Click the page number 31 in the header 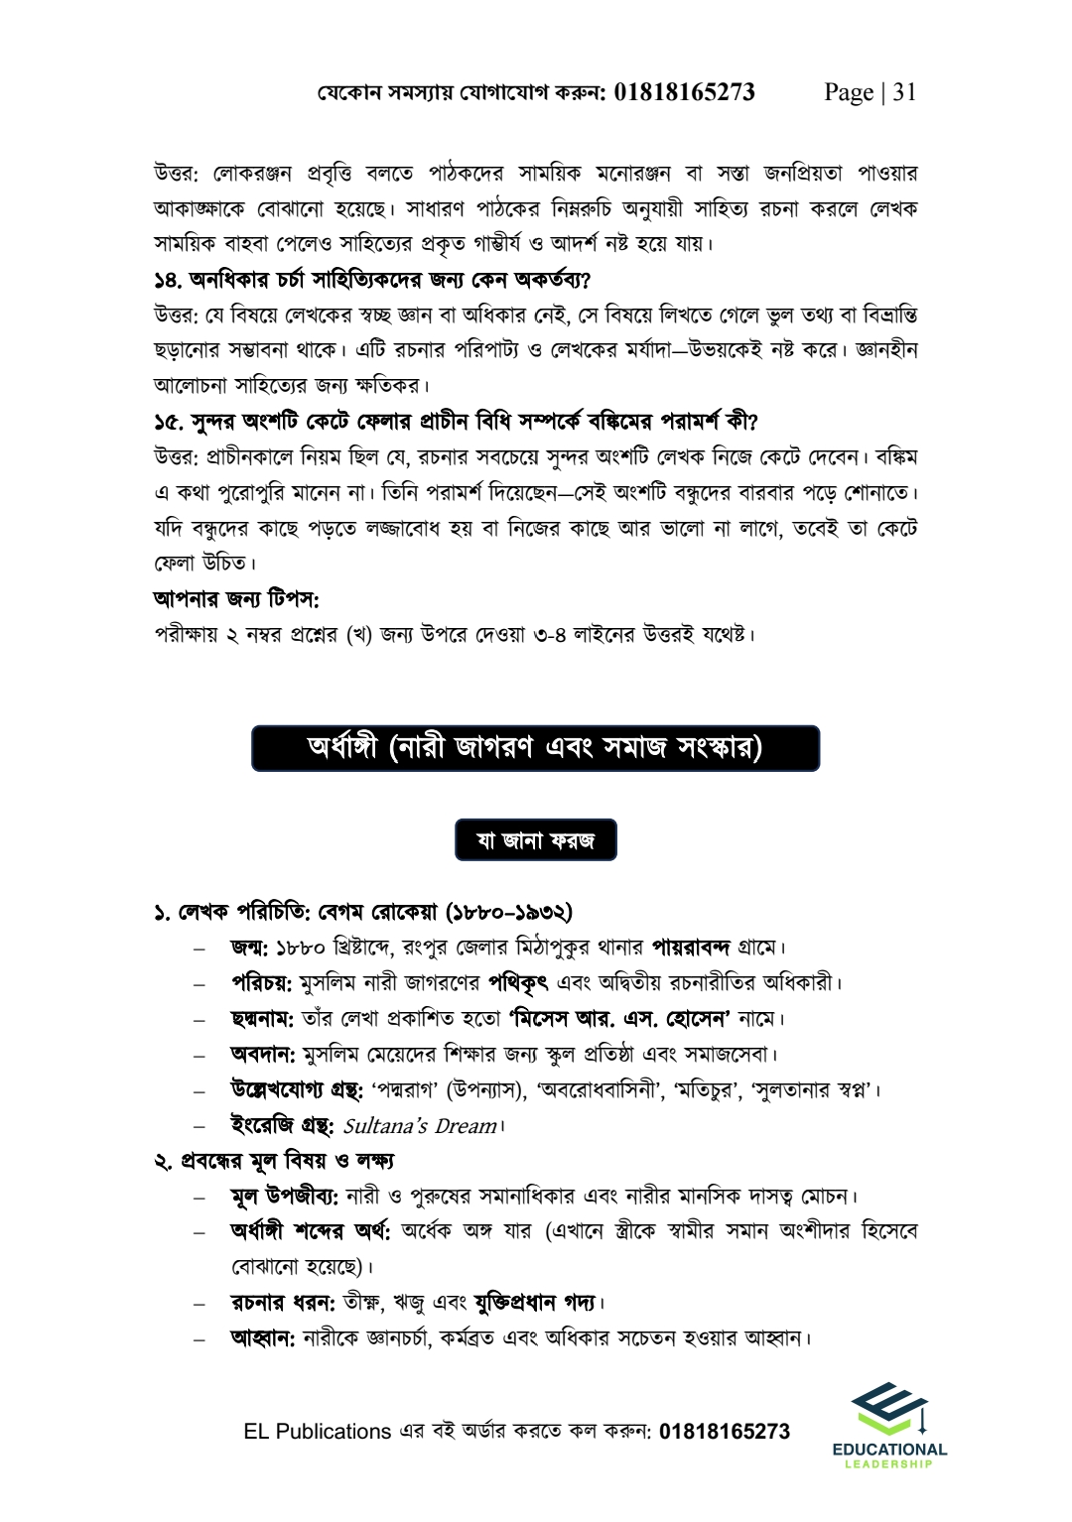click(904, 92)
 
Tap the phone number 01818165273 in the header click(685, 92)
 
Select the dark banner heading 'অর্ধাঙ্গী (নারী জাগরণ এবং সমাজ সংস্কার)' click(536, 748)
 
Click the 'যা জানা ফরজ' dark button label click(536, 839)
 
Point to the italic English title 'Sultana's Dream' click(420, 1126)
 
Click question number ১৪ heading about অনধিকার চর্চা click(372, 279)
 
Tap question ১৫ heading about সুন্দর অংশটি click(456, 421)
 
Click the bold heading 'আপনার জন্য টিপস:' click(236, 598)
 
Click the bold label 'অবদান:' click(263, 1054)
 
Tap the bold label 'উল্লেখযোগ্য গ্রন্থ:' click(296, 1089)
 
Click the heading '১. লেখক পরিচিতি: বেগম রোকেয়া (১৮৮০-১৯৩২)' click(363, 911)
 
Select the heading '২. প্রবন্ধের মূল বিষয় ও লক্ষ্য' click(274, 1160)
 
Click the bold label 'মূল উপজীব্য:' click(285, 1196)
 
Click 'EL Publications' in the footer click(318, 1432)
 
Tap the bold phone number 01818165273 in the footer click(725, 1432)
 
